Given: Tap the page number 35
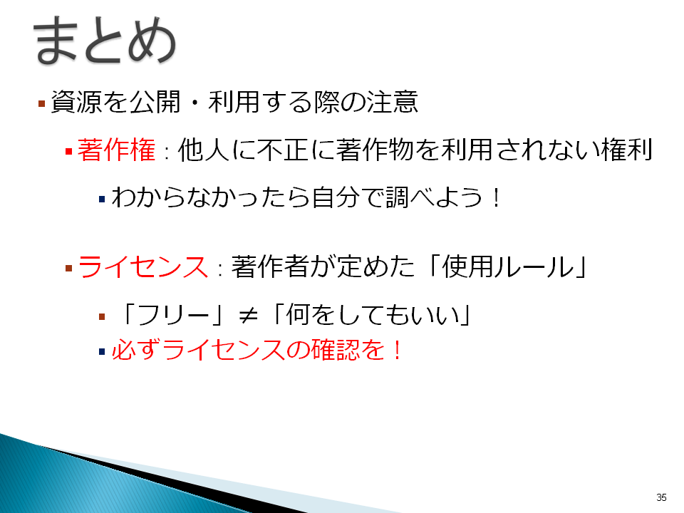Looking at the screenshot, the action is coord(661,497).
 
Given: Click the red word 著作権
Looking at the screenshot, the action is coord(116,150).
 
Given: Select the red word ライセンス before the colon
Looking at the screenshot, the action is coord(143,266).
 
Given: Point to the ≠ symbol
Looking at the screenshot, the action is coord(248,315).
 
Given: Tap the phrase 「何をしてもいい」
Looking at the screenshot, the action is coord(370,315).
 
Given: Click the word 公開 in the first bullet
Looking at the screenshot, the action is coord(155,102).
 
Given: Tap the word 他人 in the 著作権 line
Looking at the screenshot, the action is coord(204,150).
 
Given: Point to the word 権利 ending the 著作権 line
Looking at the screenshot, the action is coord(626,150).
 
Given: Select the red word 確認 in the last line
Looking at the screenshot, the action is coord(336,350).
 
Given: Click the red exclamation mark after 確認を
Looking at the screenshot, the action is coord(397,351).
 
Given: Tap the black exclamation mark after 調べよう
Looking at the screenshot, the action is coord(496,197).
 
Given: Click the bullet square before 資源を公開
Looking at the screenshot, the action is coord(42,104).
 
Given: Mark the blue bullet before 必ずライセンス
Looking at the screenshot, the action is coord(102,351).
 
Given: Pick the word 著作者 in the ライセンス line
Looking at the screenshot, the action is coord(270,266).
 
